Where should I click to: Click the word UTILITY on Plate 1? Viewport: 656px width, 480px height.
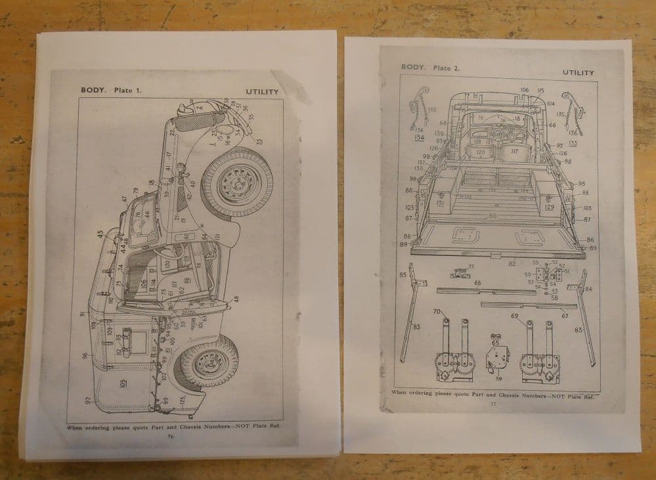coord(262,92)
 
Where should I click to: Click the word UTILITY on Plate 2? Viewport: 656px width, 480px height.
coord(578,72)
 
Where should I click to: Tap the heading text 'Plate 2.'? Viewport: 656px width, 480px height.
coord(447,68)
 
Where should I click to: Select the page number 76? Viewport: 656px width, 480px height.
coord(171,435)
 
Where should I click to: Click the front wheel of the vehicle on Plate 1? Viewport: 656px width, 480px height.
coord(236,182)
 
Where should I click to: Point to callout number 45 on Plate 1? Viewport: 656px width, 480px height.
coord(100,233)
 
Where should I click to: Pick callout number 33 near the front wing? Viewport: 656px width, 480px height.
coord(259,141)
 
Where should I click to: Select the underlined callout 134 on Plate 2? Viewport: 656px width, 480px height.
coord(419,137)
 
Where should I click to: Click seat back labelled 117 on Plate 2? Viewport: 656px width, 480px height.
coord(514,152)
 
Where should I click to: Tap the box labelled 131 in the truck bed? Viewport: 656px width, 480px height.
coord(440,203)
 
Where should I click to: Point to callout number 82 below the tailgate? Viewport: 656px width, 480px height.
coord(512,263)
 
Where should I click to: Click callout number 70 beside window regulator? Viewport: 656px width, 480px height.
coord(436,311)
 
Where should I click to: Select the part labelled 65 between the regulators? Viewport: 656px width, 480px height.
coord(496,342)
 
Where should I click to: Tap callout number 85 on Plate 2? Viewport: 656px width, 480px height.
coord(403,274)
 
